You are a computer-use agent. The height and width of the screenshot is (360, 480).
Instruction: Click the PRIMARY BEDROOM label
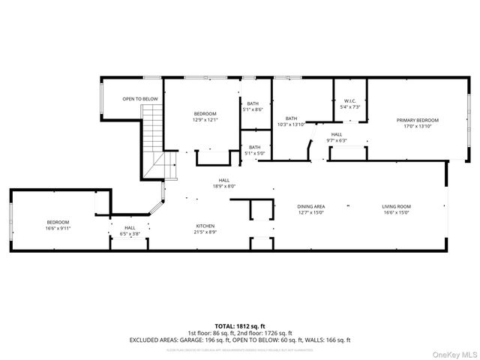click(x=418, y=123)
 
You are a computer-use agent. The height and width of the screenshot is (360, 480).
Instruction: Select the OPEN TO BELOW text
click(x=140, y=99)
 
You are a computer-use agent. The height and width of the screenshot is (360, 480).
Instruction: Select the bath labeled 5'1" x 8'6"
click(x=254, y=106)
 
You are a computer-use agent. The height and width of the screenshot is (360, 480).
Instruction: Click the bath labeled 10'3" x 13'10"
click(x=291, y=121)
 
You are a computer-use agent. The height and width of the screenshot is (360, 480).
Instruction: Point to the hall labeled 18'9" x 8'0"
click(x=224, y=183)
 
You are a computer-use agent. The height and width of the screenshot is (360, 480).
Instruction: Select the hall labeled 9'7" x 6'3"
click(x=336, y=137)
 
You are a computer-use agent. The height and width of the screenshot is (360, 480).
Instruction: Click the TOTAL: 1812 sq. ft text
click(x=240, y=325)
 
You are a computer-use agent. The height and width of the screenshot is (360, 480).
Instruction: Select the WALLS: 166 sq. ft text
click(x=326, y=340)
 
